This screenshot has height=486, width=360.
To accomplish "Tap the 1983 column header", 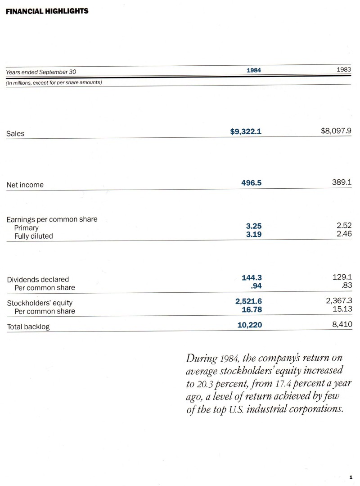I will click(x=344, y=70).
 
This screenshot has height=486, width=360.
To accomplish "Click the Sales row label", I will click(x=15, y=133).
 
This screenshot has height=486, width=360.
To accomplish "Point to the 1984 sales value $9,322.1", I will click(x=246, y=132).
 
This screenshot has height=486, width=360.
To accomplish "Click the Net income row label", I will click(x=25, y=185).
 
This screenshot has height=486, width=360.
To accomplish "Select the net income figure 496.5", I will click(x=252, y=183).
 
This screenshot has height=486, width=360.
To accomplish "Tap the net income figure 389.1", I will click(x=342, y=183).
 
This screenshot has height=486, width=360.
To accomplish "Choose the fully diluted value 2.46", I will click(x=344, y=235).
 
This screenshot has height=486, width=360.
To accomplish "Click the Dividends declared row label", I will click(x=38, y=279).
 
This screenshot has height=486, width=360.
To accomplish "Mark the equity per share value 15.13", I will click(x=342, y=309).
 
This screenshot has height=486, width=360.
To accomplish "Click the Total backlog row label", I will click(x=28, y=327).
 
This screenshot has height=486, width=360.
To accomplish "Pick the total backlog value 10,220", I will click(x=249, y=325).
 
